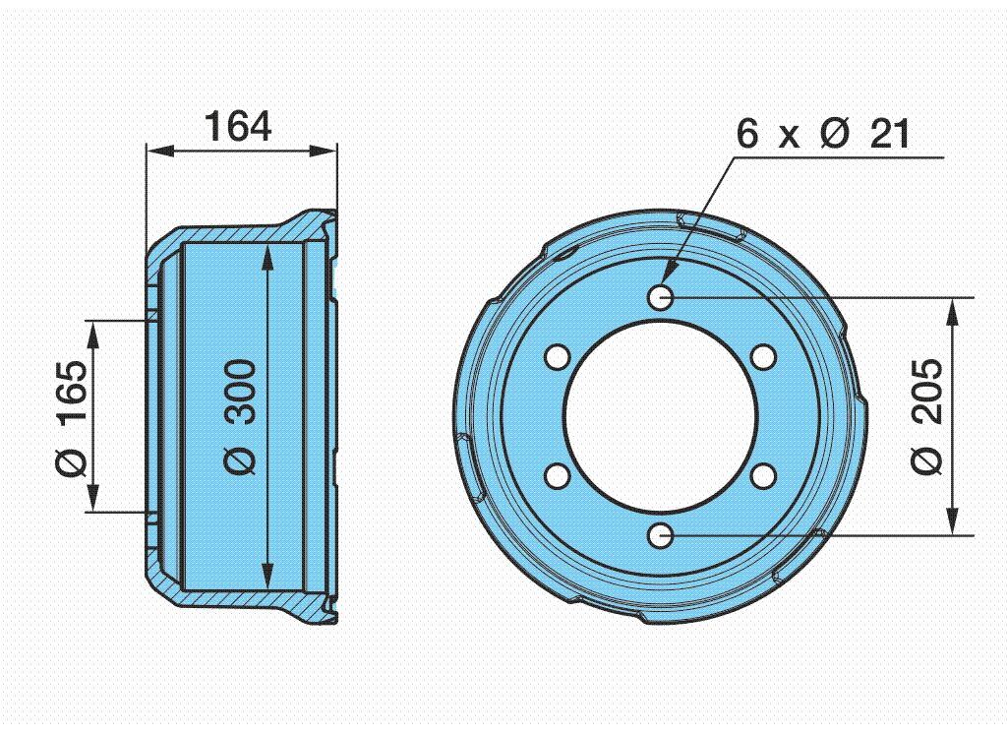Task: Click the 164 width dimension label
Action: (238, 127)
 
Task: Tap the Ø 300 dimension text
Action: (241, 417)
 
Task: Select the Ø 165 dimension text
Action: (71, 418)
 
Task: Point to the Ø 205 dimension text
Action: (926, 416)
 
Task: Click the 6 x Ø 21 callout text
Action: (823, 134)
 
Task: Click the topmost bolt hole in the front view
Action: (661, 297)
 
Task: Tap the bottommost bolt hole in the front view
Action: (660, 535)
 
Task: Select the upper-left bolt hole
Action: (558, 357)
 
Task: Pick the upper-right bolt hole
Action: (763, 357)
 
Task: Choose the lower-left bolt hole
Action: (558, 476)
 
